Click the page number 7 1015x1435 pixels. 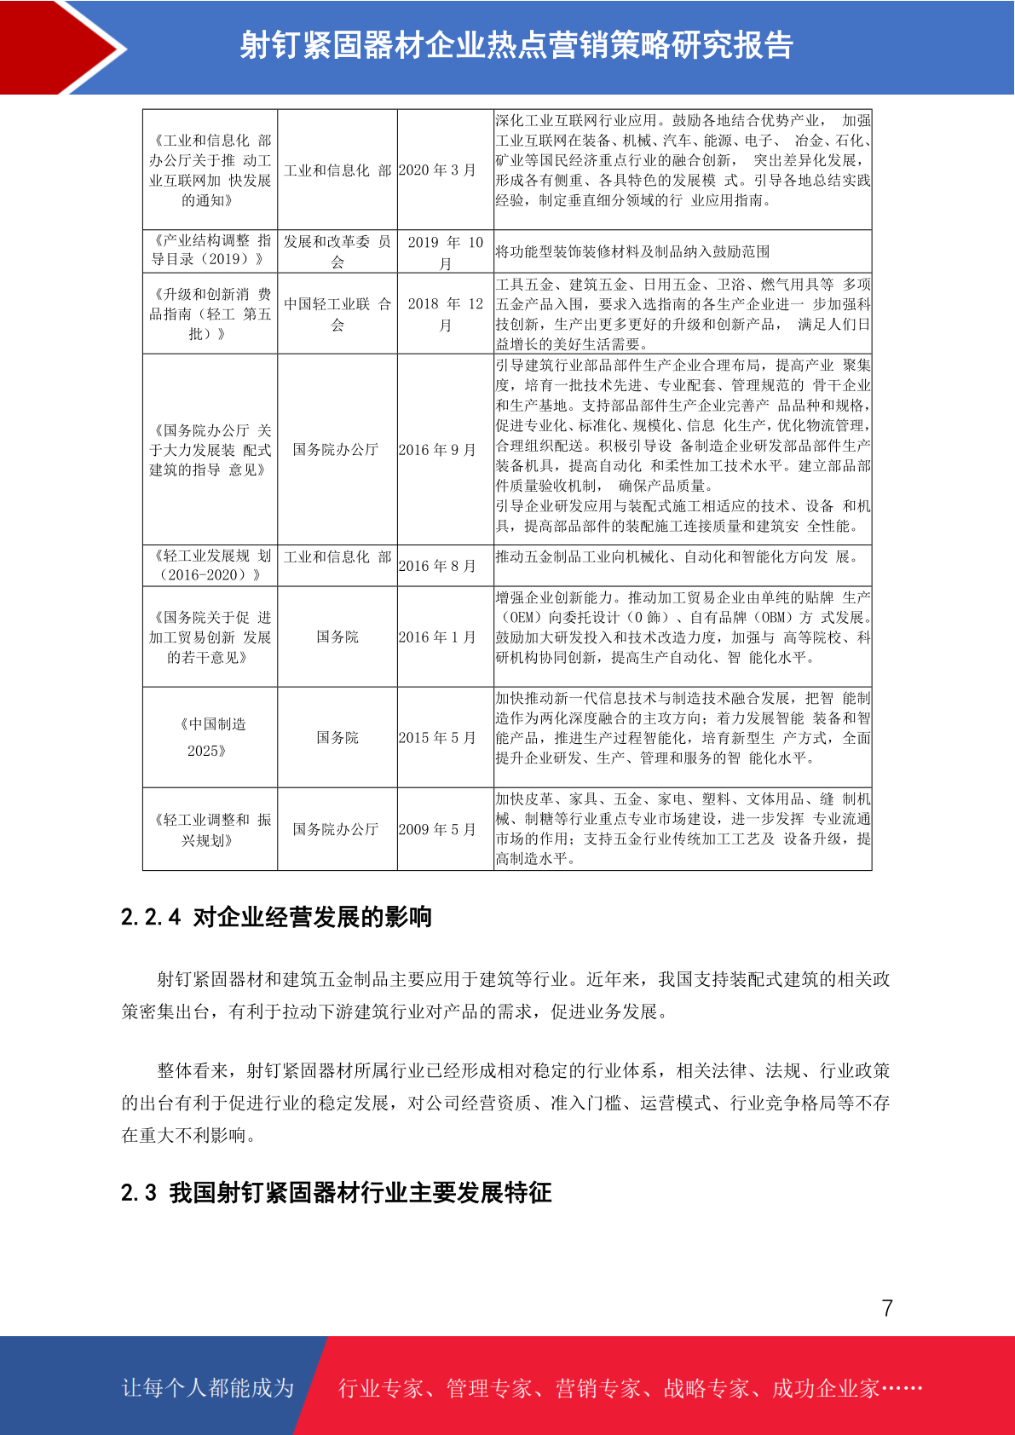click(887, 1308)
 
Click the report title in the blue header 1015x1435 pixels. click(516, 45)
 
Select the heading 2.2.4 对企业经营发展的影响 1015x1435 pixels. click(276, 917)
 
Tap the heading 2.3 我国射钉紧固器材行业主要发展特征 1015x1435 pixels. click(336, 1192)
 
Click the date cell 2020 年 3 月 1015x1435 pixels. click(437, 170)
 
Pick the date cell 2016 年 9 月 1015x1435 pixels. click(437, 450)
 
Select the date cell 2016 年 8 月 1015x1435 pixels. click(437, 566)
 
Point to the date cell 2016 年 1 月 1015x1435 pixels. click(437, 637)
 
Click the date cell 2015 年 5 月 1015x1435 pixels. click(437, 738)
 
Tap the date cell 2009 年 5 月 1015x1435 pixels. click(437, 830)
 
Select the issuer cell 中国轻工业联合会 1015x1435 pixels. click(337, 314)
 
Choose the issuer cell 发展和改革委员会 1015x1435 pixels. click(337, 251)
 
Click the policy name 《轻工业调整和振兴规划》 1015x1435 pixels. click(210, 830)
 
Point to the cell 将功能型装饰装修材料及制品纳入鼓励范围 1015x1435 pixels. click(632, 252)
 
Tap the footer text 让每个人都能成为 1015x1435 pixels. click(208, 1388)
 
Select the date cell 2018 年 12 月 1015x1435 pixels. click(445, 314)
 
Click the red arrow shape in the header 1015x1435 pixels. click(60, 48)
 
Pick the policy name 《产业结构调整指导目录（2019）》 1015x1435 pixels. click(210, 250)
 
